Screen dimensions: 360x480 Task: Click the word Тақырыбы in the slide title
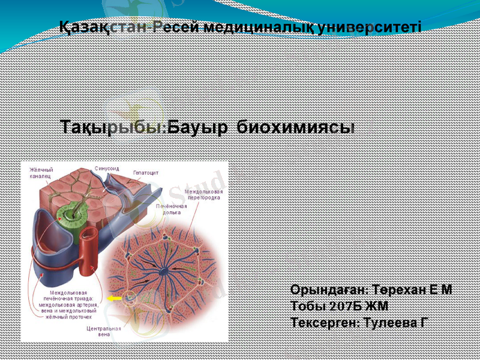pos(112,127)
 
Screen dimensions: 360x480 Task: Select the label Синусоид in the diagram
pos(107,169)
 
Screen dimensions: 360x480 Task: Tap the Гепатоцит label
pos(146,172)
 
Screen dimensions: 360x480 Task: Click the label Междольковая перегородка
pos(203,194)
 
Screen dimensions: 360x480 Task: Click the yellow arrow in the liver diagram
pos(113,297)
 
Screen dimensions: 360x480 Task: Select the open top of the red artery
pos(90,233)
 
